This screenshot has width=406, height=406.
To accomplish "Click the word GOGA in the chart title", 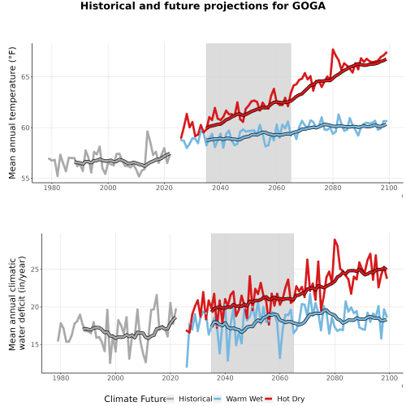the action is pyautogui.click(x=309, y=6).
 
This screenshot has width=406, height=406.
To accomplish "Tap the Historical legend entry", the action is pyautogui.click(x=189, y=399).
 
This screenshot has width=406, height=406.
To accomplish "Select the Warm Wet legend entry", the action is pyautogui.click(x=238, y=399).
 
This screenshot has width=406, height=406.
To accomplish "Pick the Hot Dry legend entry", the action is pyautogui.click(x=284, y=399).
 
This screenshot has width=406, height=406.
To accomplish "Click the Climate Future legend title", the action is pyautogui.click(x=135, y=399).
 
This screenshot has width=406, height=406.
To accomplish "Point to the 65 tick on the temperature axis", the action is pyautogui.click(x=25, y=77).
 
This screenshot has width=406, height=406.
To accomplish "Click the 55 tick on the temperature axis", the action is pyautogui.click(x=25, y=179).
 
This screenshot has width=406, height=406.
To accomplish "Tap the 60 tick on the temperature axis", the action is pyautogui.click(x=25, y=127).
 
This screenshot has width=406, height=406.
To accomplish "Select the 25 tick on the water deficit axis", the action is pyautogui.click(x=35, y=270).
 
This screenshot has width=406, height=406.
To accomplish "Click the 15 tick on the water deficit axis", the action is pyautogui.click(x=35, y=344).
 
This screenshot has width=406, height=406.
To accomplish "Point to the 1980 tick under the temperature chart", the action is pyautogui.click(x=52, y=188).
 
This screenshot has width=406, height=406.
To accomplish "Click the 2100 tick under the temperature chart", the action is pyautogui.click(x=389, y=188).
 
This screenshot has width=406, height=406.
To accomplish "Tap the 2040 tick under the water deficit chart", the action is pyautogui.click(x=225, y=378).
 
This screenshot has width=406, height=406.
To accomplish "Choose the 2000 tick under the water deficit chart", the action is pyautogui.click(x=115, y=378).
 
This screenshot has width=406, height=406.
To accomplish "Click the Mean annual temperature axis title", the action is pyautogui.click(x=12, y=113).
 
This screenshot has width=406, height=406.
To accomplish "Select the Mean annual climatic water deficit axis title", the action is pyautogui.click(x=17, y=303).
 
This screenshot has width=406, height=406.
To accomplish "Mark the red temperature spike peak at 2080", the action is pyautogui.click(x=333, y=50).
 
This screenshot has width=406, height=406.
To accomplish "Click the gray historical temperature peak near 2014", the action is pyautogui.click(x=148, y=132).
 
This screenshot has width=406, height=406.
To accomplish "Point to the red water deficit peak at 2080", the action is pyautogui.click(x=335, y=240).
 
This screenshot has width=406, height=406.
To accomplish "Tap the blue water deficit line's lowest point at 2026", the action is pyautogui.click(x=187, y=366).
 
